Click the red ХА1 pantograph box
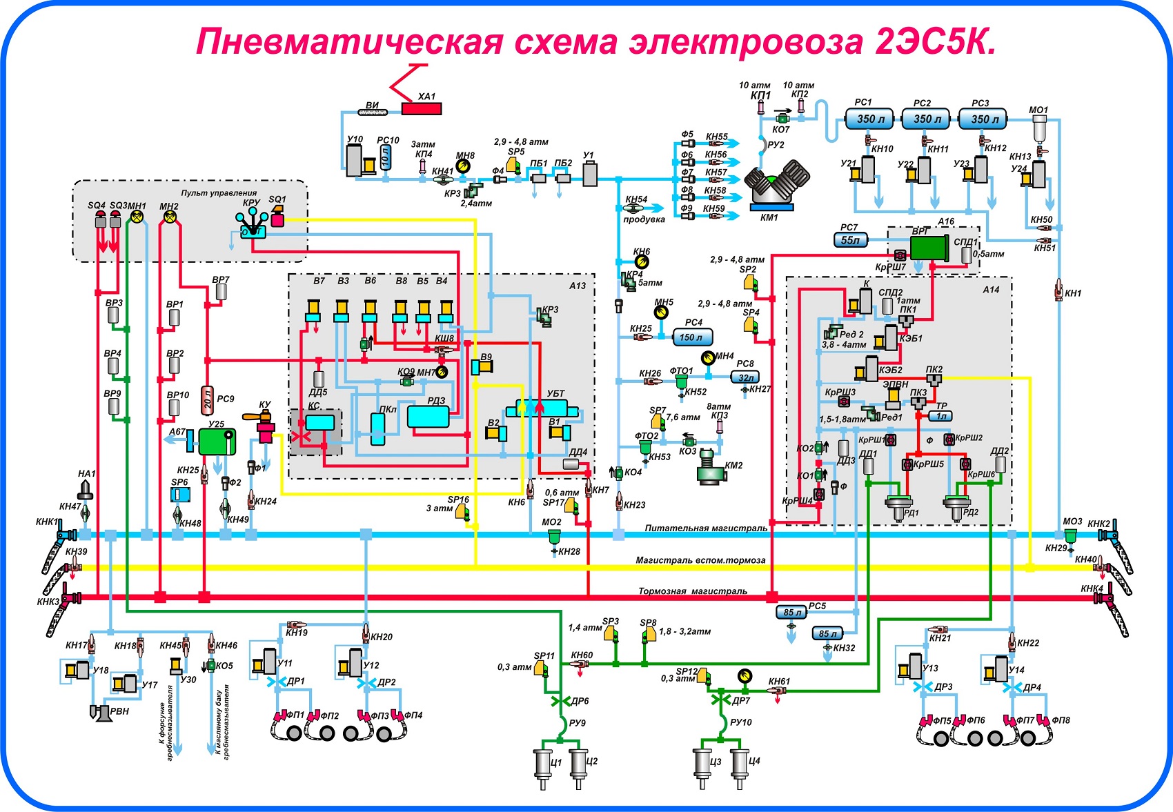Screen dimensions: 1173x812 (x=422, y=108)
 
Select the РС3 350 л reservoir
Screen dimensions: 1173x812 (x=983, y=119)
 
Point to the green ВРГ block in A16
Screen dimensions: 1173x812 (x=929, y=248)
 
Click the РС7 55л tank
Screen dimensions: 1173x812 (x=850, y=240)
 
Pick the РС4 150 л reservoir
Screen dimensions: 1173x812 (x=693, y=337)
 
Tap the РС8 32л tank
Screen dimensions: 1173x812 (x=745, y=377)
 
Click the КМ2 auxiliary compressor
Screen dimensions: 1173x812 (x=711, y=466)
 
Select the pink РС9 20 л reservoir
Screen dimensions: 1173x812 (x=208, y=401)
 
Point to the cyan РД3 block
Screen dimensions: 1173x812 (x=428, y=417)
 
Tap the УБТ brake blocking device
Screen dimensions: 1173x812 (x=542, y=408)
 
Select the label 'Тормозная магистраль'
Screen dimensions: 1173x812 (x=692, y=591)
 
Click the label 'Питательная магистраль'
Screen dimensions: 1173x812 (x=706, y=528)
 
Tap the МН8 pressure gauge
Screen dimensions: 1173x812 (x=462, y=166)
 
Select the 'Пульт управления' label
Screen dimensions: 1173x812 (x=219, y=192)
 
